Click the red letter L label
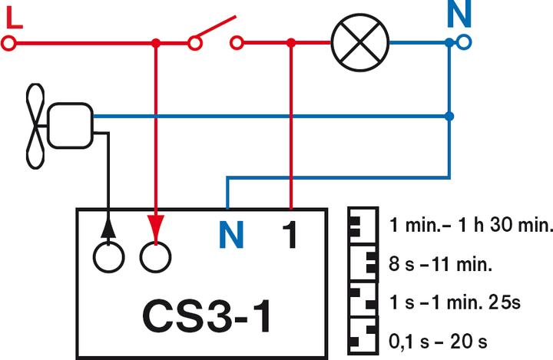pos(14,17)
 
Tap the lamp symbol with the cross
pos(359,43)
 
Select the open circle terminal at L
pos(8,44)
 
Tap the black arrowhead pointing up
pos(108,226)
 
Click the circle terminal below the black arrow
pos(108,256)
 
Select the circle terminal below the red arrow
pos(156,256)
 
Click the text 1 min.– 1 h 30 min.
pos(471,227)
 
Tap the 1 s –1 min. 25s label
pos(455,302)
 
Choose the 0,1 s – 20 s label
pos(439,339)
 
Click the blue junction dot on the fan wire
pos(450,116)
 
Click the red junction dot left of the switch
pos(156,44)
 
